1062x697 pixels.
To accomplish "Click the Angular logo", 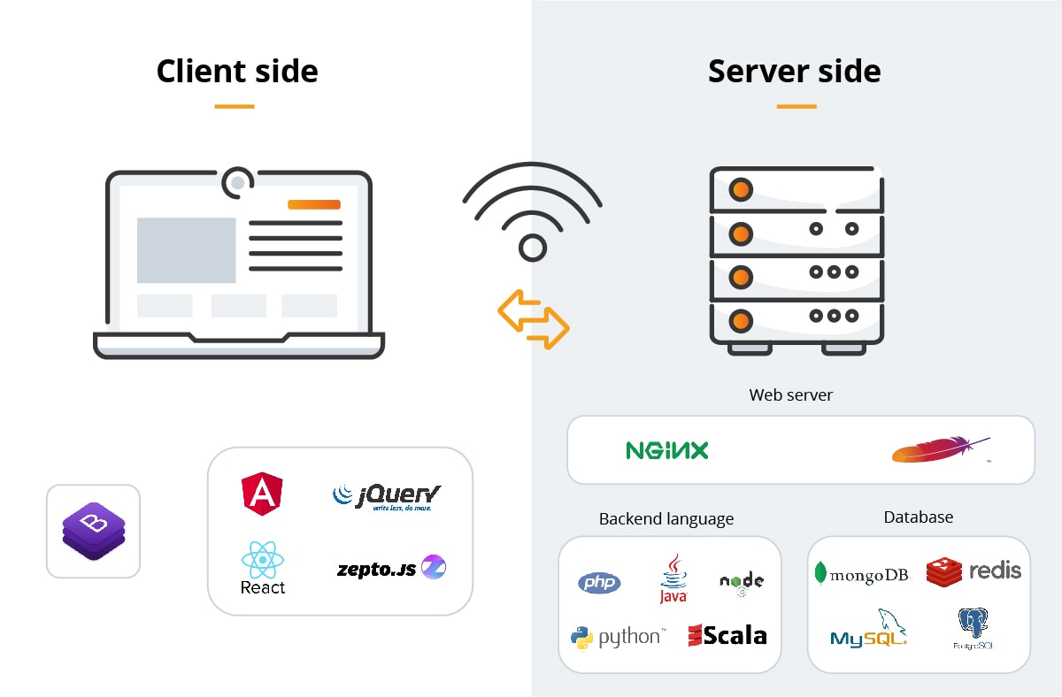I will coord(262,494).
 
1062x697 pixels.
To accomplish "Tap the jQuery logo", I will coord(387,496).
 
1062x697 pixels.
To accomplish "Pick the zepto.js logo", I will coord(391,568).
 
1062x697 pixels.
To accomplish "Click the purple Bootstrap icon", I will coord(93,531).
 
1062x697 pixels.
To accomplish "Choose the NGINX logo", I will coord(667,450).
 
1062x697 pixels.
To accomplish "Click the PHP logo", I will coord(599,583).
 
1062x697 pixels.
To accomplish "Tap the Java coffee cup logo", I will coord(673,579).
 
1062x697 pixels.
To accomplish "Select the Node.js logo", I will coord(742,582).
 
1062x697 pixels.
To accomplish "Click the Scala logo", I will coord(727,634).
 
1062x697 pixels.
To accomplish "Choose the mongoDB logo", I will coord(862,574).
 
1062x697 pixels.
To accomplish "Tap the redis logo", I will coord(973,571).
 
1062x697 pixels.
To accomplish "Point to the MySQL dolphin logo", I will coord(869,629).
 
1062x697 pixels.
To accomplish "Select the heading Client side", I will coord(237,71).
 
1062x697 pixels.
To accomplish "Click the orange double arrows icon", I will coord(533,318).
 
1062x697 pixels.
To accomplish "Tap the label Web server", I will coord(790,394).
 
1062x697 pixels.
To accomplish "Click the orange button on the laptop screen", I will coord(313,204).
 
